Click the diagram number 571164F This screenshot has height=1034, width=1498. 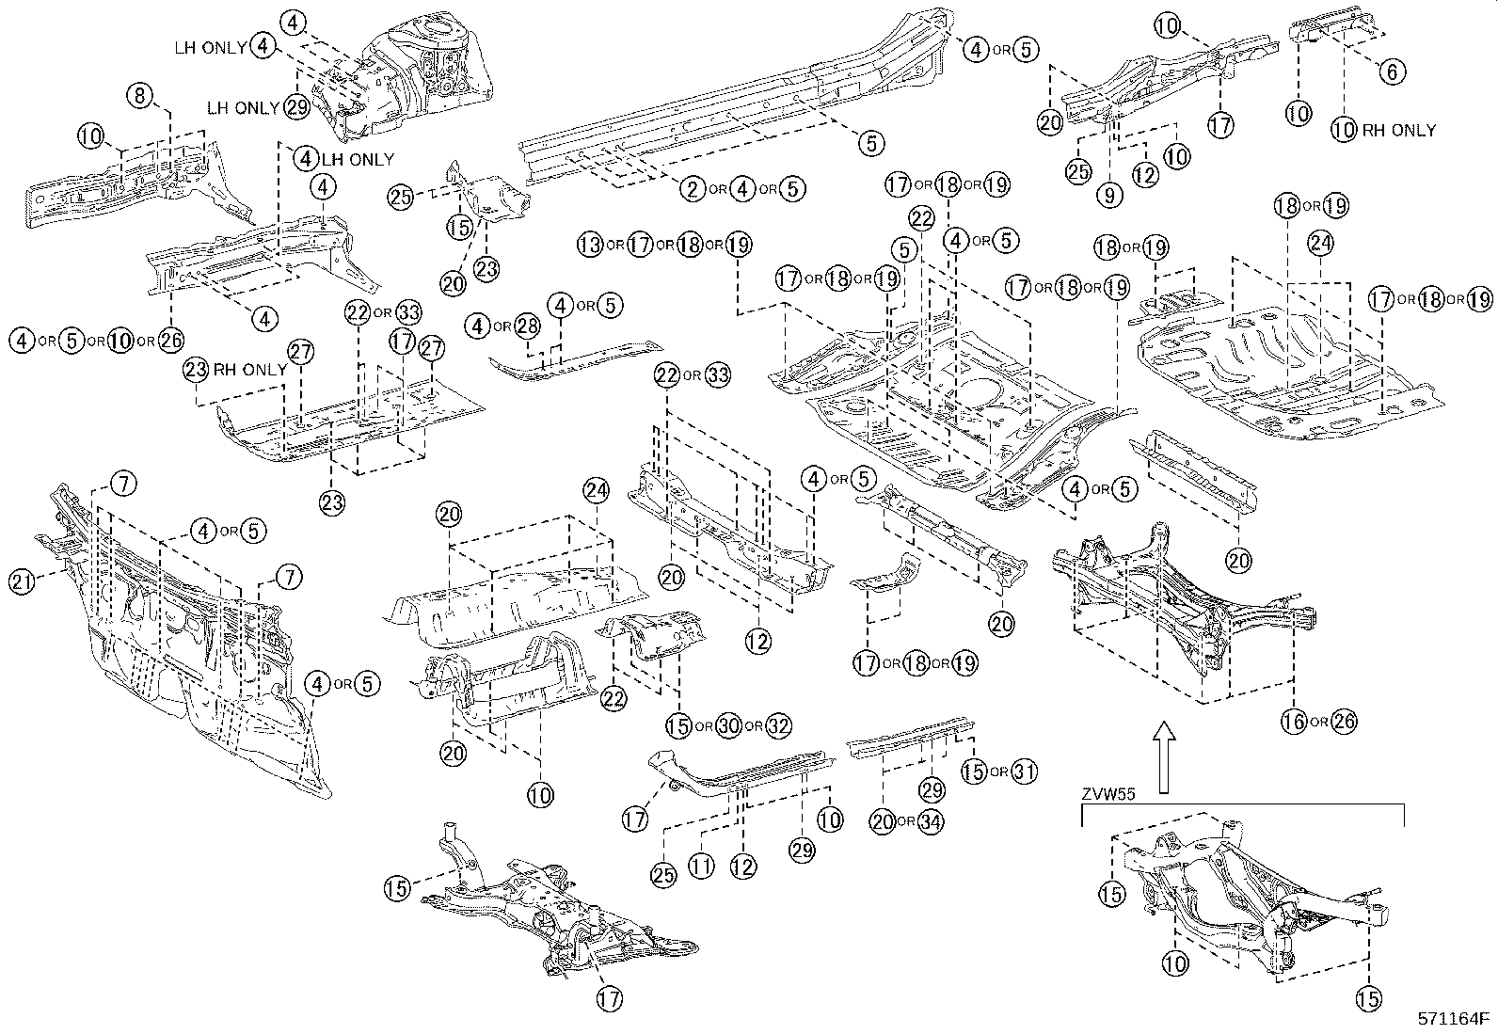[x=1455, y=1018]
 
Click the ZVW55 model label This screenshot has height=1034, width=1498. [x=1108, y=793]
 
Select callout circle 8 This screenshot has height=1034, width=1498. [x=139, y=94]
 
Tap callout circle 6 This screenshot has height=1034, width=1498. [x=1393, y=71]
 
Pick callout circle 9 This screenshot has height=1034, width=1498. [x=1109, y=195]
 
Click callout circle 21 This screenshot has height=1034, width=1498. [x=21, y=581]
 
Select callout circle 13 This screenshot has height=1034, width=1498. [x=590, y=246]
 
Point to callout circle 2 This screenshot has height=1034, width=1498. [x=693, y=189]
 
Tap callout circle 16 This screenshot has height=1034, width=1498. [x=1295, y=722]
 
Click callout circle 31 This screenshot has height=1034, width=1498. [x=1024, y=772]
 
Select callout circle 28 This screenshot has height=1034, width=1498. [x=528, y=326]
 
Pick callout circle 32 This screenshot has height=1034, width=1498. [x=778, y=725]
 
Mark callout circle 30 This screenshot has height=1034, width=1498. [x=728, y=725]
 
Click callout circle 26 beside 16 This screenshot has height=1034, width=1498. [x=1345, y=722]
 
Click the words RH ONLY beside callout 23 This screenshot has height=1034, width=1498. [x=249, y=370]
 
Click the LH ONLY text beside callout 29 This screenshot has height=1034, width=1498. [x=243, y=107]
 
